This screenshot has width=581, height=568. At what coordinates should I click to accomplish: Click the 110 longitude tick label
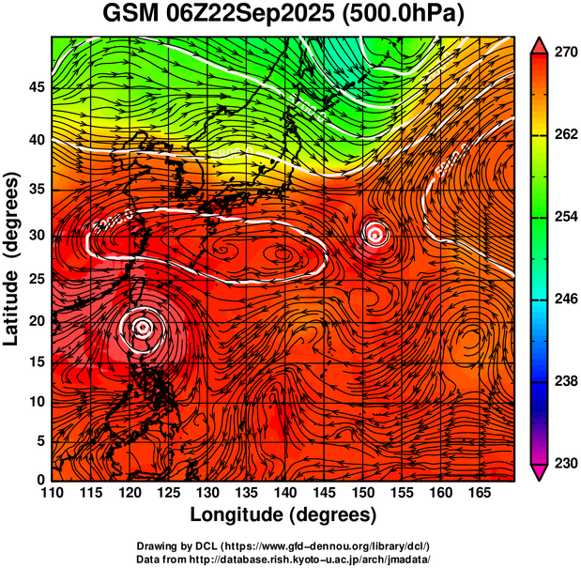coord(52,492)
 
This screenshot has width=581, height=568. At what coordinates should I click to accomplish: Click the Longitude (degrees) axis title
coord(283,514)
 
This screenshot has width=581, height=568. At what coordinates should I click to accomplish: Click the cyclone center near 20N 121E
coord(142,327)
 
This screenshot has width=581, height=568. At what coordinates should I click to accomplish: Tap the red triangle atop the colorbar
coord(540,44)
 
